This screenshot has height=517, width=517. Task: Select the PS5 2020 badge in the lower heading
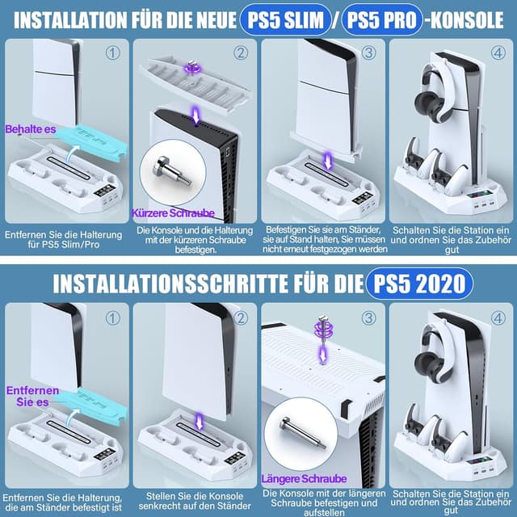(415, 282)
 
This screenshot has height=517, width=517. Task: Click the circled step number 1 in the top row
(113, 55)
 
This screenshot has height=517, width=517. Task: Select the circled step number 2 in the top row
(241, 53)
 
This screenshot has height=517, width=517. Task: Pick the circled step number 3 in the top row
(368, 53)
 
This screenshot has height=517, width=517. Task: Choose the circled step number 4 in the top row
(497, 55)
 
